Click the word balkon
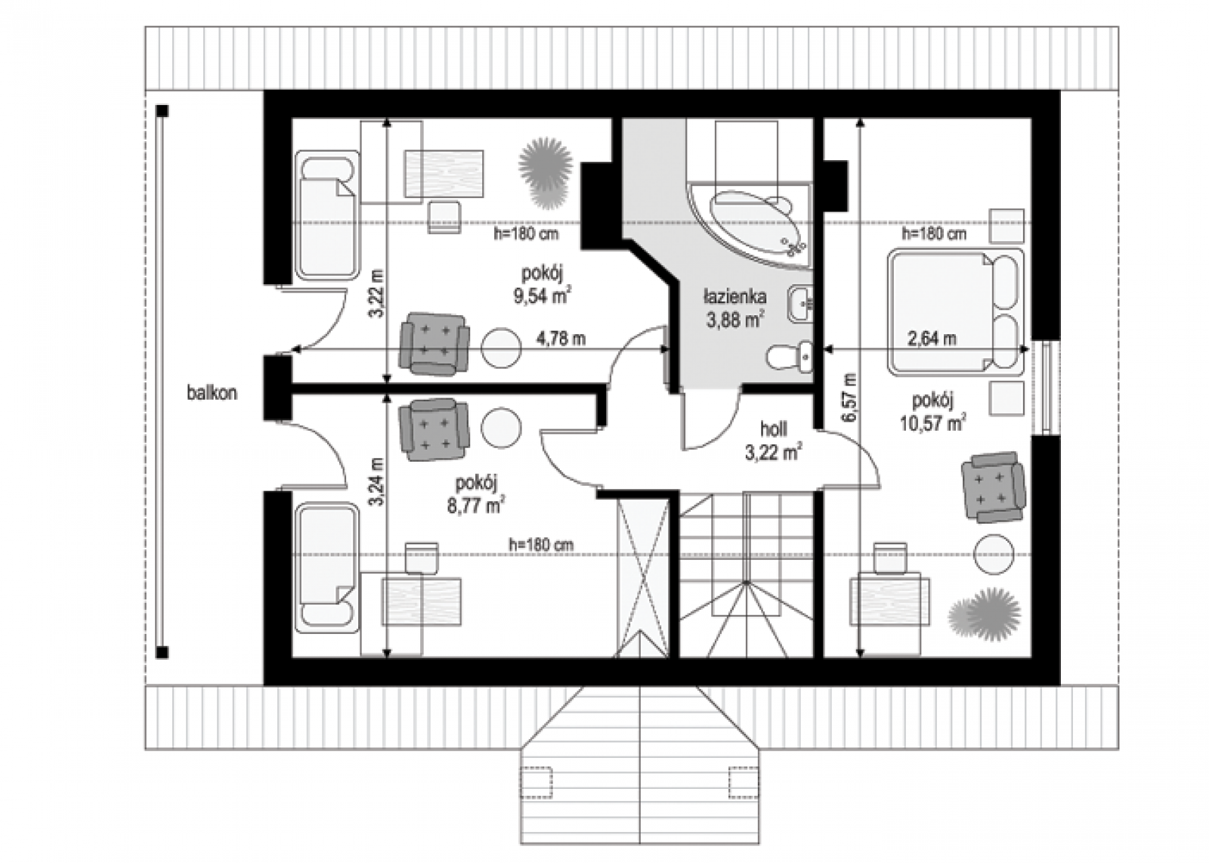click(x=212, y=393)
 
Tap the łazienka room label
click(x=734, y=296)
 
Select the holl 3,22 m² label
click(x=773, y=441)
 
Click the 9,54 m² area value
click(x=543, y=296)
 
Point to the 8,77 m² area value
click(x=476, y=506)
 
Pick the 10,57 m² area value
click(x=932, y=422)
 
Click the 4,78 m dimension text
click(x=561, y=339)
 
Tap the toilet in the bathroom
click(x=790, y=356)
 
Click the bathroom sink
click(x=801, y=305)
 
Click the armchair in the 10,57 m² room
click(x=993, y=487)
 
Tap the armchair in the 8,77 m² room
click(x=434, y=429)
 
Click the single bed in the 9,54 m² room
click(x=328, y=216)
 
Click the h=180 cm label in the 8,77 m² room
click(x=541, y=545)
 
